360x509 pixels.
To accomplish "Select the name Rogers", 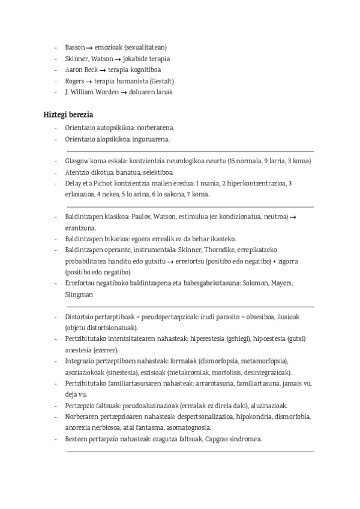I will point(75,80).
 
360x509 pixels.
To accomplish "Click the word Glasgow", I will point(77,161).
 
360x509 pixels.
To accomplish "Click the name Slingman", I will point(79,294).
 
